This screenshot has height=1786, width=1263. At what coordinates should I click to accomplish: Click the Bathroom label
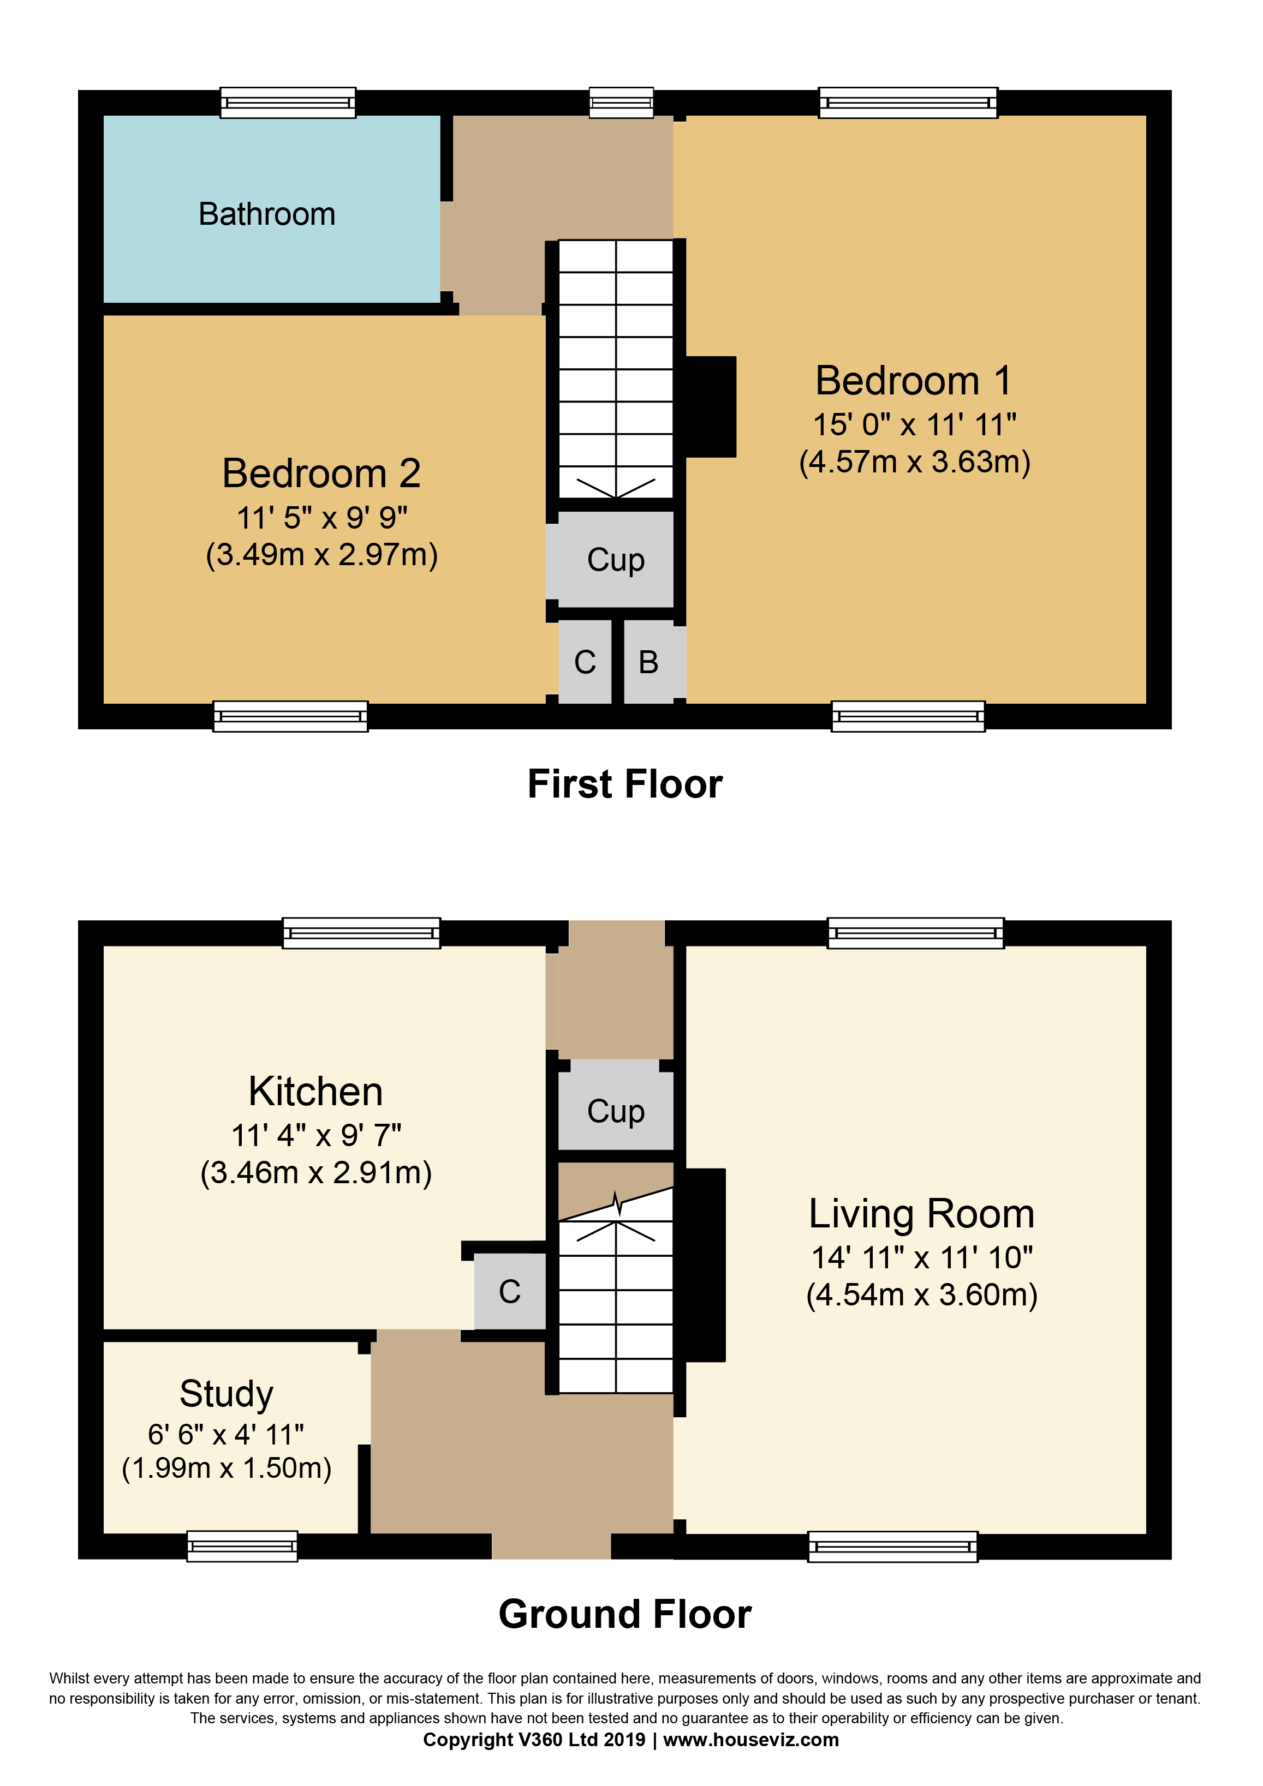point(267,214)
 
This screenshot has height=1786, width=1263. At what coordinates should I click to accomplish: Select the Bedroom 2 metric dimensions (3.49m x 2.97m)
point(321,555)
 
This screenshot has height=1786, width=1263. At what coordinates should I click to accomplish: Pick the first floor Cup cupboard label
point(616,559)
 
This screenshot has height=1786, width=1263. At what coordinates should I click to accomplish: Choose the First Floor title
point(625,784)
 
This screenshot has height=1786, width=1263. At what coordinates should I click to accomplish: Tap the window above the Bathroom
point(288,103)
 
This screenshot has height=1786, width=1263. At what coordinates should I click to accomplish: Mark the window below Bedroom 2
point(290,716)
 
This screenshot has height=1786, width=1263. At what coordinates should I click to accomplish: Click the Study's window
point(242,1547)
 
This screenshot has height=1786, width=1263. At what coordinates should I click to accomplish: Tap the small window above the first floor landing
point(621,103)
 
